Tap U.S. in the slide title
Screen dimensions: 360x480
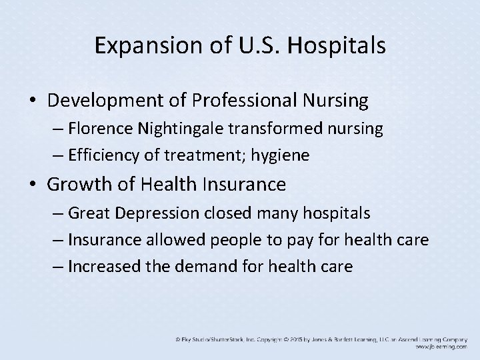(x=249, y=46)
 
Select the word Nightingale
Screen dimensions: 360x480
(x=174, y=129)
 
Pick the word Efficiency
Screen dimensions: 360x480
(x=101, y=156)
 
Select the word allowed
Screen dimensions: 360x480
(x=165, y=239)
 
